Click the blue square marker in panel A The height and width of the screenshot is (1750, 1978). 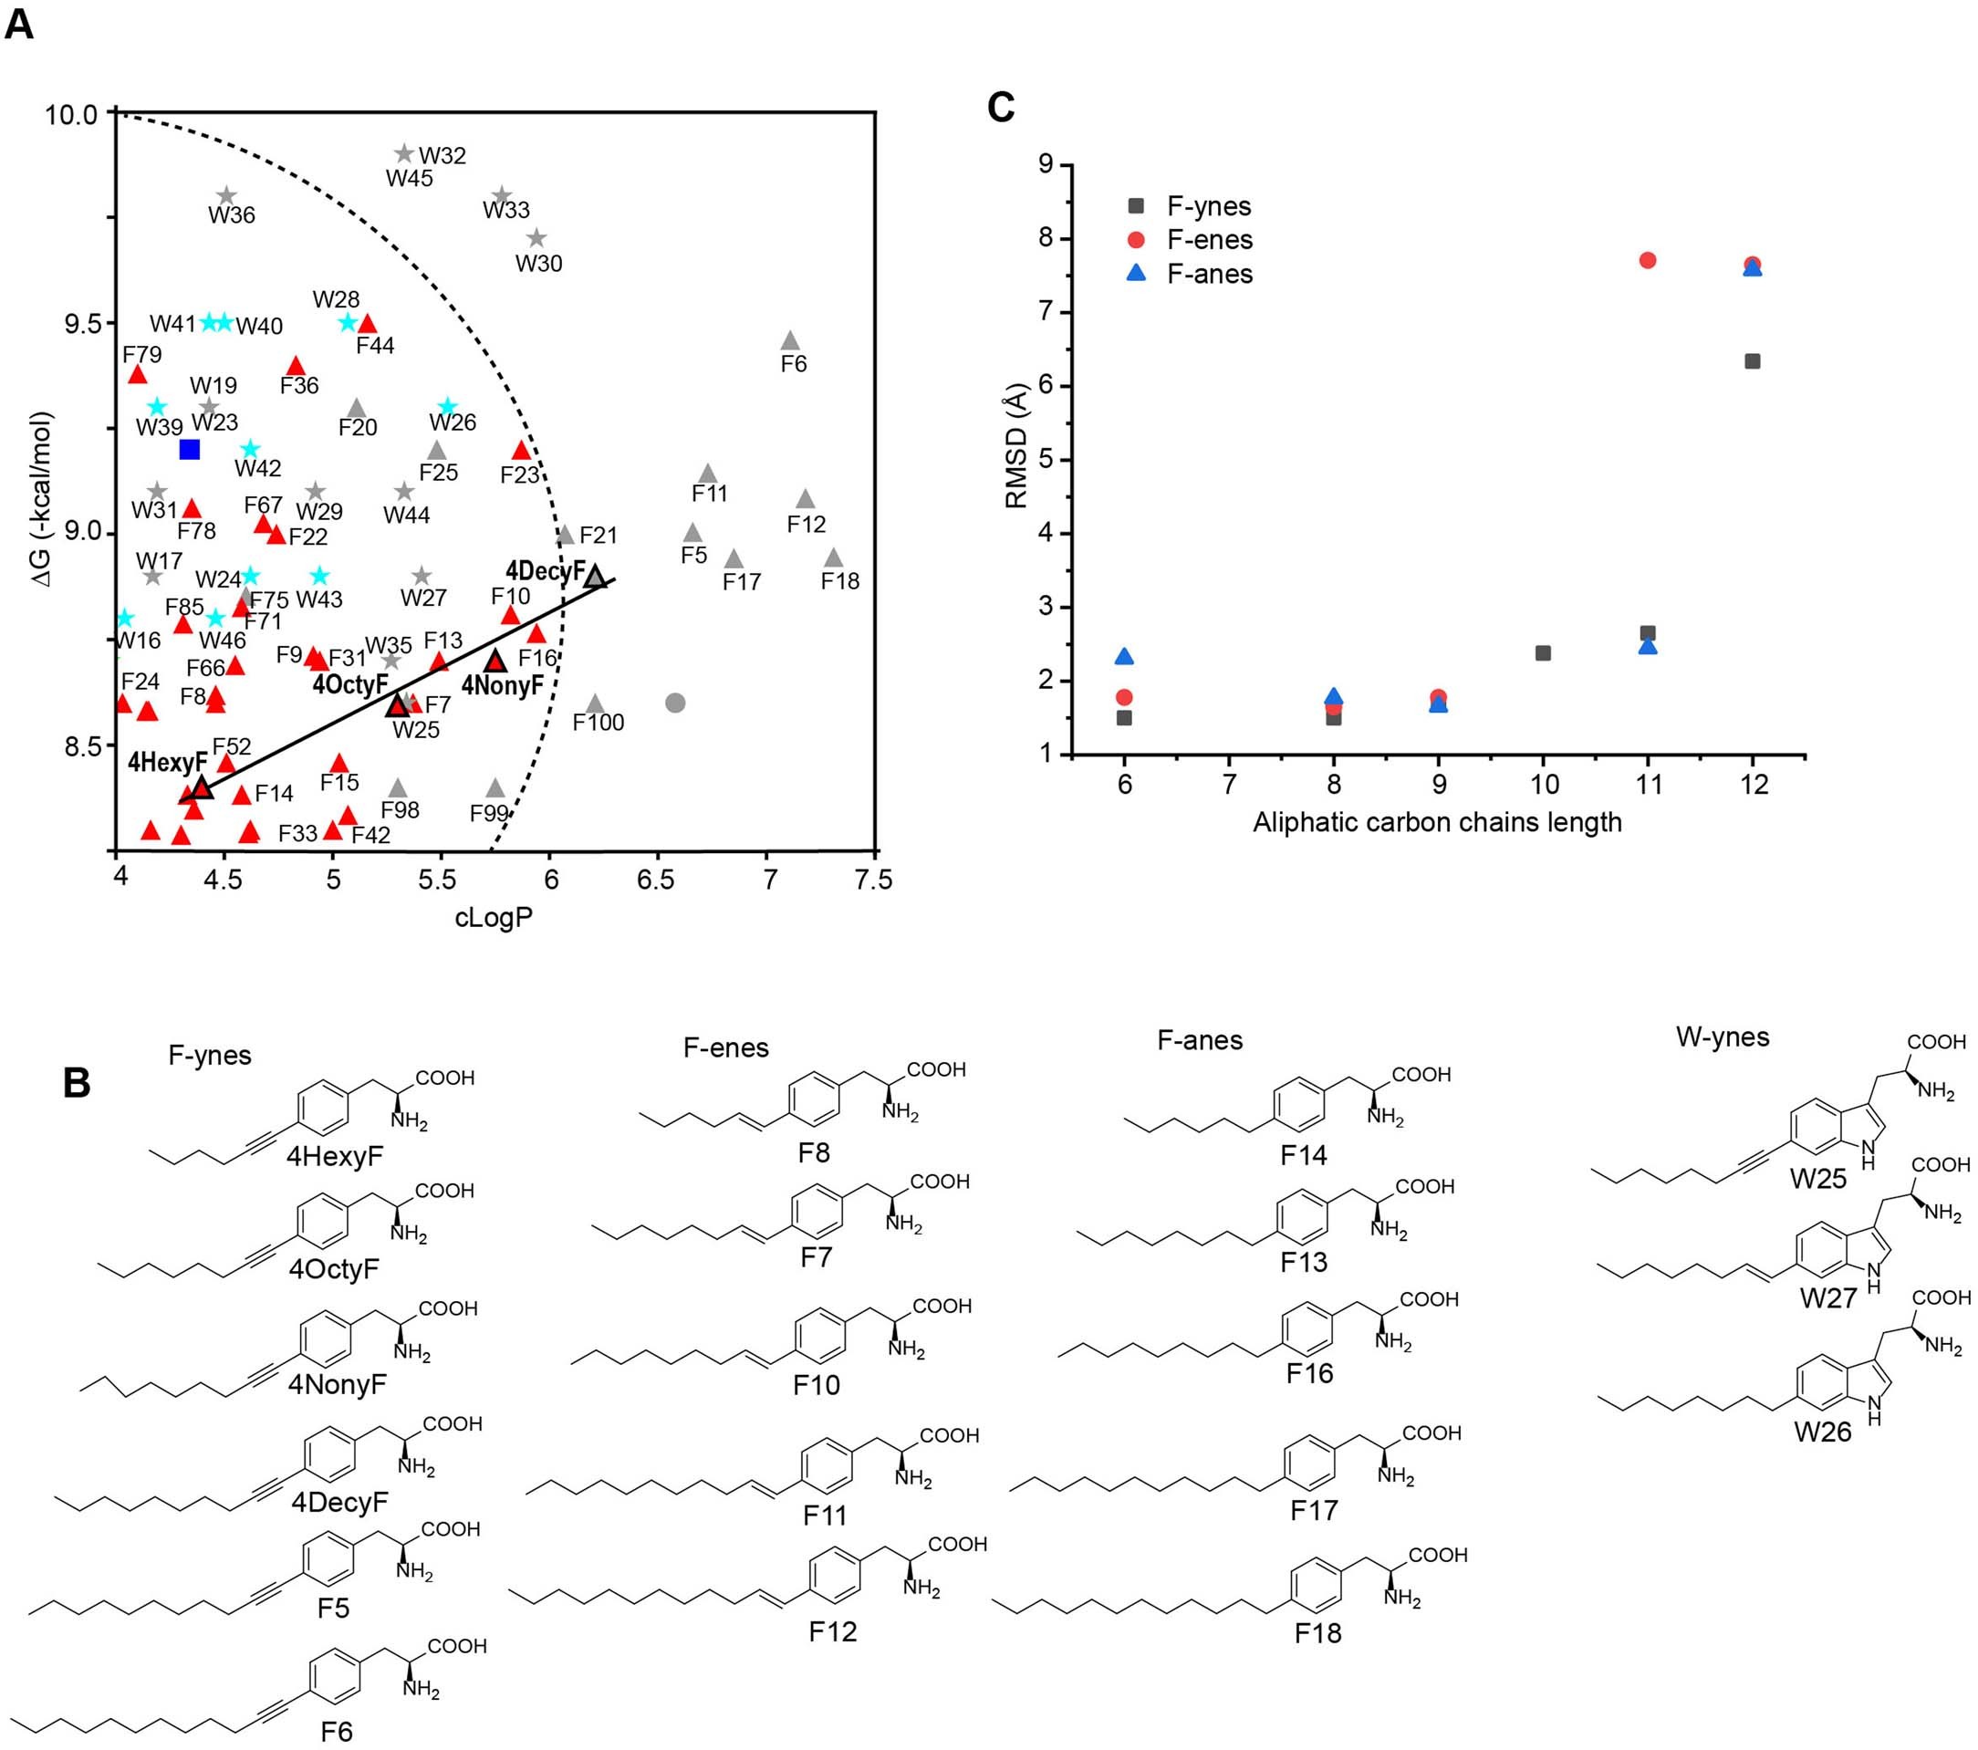[190, 449]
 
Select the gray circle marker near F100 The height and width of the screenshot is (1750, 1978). [675, 703]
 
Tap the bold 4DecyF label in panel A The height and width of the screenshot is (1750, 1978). [545, 571]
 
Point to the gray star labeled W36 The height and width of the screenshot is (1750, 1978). [226, 196]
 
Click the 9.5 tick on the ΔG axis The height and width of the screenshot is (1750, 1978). [82, 323]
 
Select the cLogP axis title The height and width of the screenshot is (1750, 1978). [494, 918]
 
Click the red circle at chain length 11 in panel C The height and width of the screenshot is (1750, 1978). [1648, 260]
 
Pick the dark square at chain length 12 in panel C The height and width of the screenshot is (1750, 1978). [1752, 361]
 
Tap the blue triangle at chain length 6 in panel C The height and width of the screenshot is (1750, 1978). [1123, 657]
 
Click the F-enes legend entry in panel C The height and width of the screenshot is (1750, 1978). [1209, 240]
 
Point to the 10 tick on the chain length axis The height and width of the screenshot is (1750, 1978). [1544, 784]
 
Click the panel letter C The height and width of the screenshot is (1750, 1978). [1002, 108]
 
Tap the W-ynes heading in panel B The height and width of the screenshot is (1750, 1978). [1723, 1037]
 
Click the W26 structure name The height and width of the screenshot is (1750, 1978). [1822, 1432]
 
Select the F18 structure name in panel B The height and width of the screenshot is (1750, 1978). [1318, 1633]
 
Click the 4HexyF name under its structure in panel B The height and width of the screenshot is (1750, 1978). [335, 1156]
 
